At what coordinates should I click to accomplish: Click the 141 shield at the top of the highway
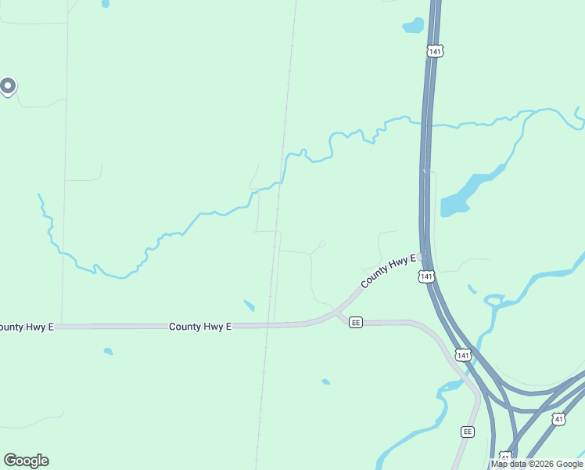click(x=435, y=51)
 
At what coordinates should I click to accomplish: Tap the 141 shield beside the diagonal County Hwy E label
click(x=425, y=277)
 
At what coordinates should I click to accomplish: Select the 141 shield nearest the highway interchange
click(x=463, y=355)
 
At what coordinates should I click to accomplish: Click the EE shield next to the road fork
click(x=356, y=323)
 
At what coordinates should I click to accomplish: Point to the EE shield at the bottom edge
click(x=468, y=432)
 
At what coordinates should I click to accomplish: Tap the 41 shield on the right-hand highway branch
click(x=558, y=419)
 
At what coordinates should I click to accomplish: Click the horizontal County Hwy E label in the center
click(x=200, y=326)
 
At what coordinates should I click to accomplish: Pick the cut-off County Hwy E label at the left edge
click(x=26, y=327)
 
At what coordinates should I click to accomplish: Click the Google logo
click(x=26, y=461)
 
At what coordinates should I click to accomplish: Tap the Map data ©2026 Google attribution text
click(x=537, y=464)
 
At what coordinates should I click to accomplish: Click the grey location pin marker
click(x=8, y=85)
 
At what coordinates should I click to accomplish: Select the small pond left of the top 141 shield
click(x=413, y=26)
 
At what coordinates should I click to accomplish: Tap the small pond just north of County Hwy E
click(x=249, y=305)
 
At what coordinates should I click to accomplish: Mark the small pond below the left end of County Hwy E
click(x=108, y=351)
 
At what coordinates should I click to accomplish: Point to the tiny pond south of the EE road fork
click(x=325, y=382)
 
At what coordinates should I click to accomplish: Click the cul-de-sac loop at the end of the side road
click(x=322, y=244)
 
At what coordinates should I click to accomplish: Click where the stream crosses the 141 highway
click(x=427, y=124)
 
